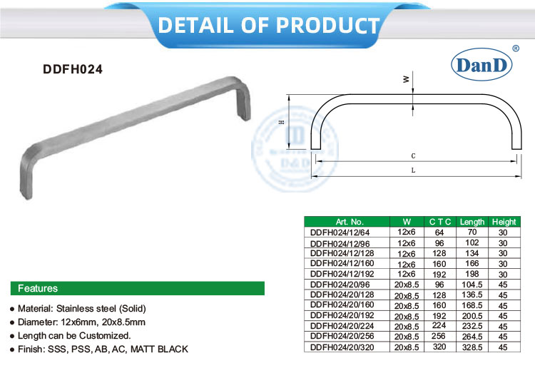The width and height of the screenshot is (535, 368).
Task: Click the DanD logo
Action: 481,65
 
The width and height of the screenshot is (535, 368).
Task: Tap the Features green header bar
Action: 136,289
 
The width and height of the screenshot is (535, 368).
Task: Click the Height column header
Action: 504,222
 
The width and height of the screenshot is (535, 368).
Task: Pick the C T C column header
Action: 439,222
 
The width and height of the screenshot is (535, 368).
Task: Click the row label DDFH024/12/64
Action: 340,232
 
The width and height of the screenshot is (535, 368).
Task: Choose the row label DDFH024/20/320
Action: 342,347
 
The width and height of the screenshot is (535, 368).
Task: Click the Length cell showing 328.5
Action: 472,347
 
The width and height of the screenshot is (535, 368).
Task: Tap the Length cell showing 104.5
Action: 472,285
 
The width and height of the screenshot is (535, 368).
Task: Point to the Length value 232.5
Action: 472,326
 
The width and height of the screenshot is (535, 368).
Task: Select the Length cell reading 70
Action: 472,232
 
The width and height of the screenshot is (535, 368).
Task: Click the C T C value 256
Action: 439,337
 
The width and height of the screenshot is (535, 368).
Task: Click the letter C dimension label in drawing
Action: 414,155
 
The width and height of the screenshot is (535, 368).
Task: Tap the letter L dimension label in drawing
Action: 414,170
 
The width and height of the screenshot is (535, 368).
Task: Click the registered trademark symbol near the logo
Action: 516,48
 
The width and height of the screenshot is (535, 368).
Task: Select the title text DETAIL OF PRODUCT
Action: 268,25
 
